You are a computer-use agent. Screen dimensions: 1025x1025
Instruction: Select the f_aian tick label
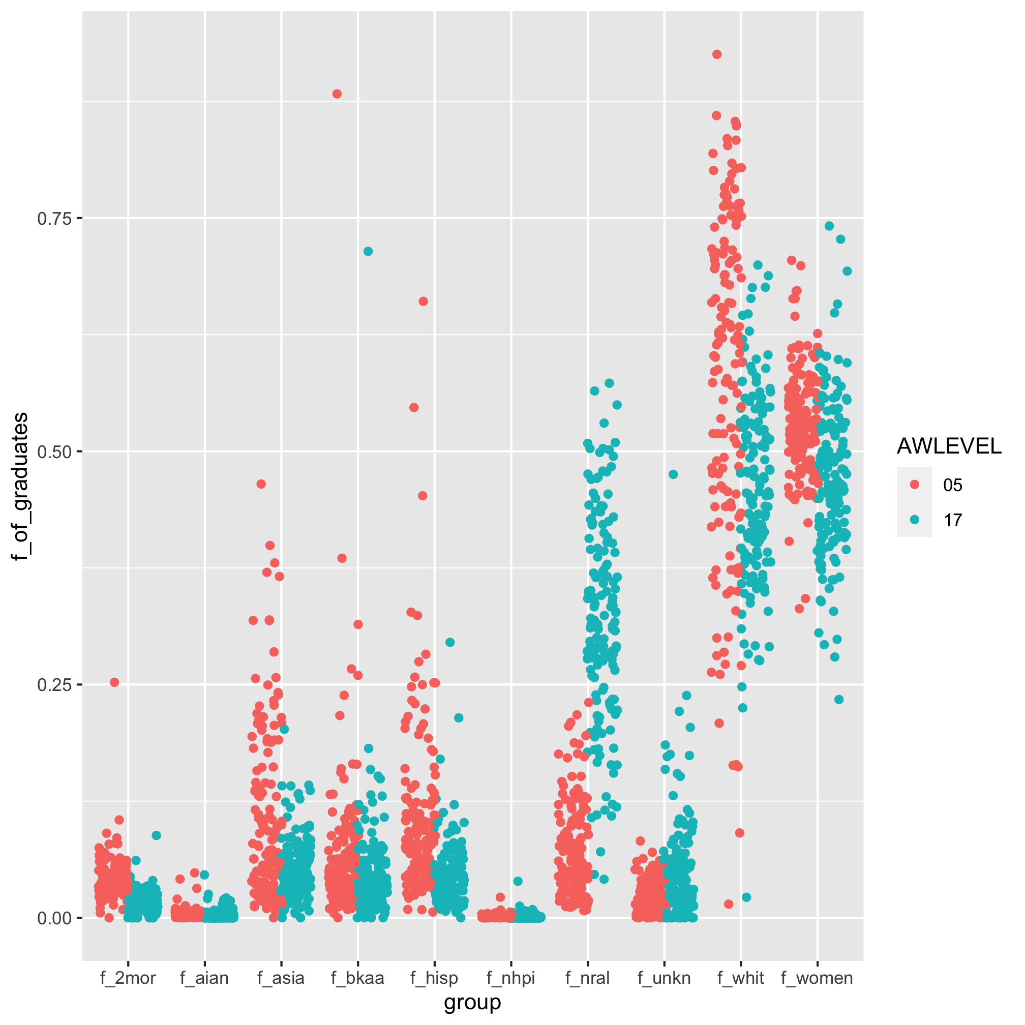tap(204, 978)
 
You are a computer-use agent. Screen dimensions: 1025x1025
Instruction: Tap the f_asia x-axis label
tap(281, 978)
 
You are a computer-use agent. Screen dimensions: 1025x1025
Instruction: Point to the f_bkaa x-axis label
tap(357, 978)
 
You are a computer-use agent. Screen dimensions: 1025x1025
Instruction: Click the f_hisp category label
tap(434, 978)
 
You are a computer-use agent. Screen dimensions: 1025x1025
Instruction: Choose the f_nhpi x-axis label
tap(511, 978)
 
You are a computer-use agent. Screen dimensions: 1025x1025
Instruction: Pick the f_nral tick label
tap(587, 978)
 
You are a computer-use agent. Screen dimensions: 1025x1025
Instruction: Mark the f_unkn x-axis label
tap(664, 978)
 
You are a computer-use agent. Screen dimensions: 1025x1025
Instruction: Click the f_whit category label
tap(741, 978)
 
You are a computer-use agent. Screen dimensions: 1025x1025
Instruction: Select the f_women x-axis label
tap(817, 978)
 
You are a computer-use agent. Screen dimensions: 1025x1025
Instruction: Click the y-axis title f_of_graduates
tap(21, 487)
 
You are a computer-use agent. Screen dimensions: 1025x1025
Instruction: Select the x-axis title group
tap(472, 1002)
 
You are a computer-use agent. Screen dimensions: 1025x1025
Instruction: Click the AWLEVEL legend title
tap(949, 447)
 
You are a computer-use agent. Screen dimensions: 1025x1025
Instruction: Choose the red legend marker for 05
tap(914, 485)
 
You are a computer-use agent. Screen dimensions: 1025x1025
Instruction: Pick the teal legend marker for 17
tap(914, 520)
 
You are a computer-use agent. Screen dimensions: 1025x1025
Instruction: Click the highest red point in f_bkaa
tap(337, 94)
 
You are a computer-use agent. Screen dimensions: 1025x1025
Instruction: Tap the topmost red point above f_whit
tap(717, 54)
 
